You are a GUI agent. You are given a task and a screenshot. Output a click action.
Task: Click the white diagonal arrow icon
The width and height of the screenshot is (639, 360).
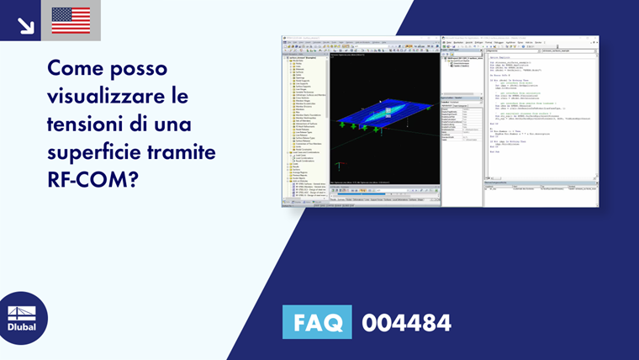(x=25, y=25)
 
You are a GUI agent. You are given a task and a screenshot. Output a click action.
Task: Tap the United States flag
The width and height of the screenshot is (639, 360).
(x=71, y=20)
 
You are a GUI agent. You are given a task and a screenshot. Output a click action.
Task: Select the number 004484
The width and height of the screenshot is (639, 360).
(x=406, y=323)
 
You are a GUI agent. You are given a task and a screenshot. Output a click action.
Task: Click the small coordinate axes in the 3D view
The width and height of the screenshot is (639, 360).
(x=338, y=165)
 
